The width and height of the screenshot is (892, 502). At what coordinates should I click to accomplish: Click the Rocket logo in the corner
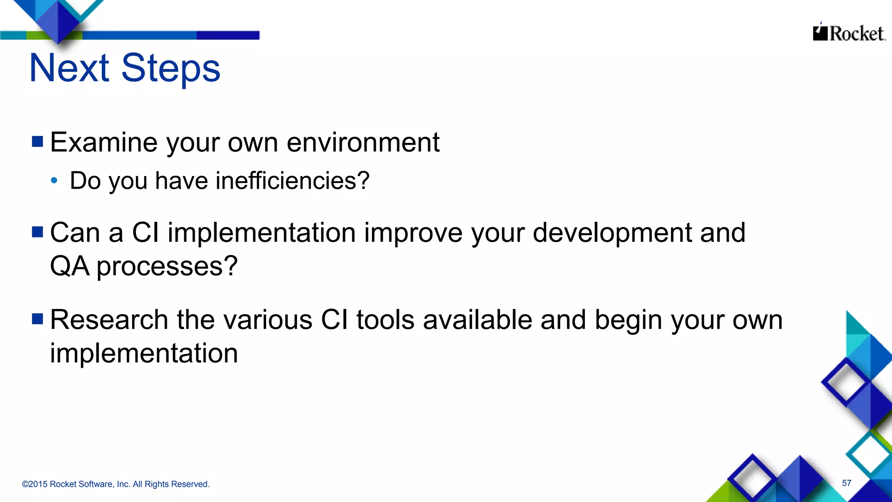[848, 33]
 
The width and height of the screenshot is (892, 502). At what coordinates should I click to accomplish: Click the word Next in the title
[69, 68]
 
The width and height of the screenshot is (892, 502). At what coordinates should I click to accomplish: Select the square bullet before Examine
[37, 142]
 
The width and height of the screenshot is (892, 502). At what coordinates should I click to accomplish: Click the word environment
[363, 142]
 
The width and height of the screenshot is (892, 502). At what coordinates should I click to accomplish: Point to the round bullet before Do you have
[54, 180]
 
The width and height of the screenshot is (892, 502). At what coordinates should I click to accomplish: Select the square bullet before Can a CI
[37, 232]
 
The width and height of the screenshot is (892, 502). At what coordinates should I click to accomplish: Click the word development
[612, 233]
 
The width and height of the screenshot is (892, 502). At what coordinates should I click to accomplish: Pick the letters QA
[70, 266]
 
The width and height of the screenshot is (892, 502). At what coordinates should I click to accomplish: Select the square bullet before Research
[37, 319]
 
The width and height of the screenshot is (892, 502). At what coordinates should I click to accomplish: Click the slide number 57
[846, 483]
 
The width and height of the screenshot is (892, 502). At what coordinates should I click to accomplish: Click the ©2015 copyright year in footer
[34, 484]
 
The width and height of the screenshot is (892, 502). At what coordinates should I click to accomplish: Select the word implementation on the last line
[144, 353]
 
